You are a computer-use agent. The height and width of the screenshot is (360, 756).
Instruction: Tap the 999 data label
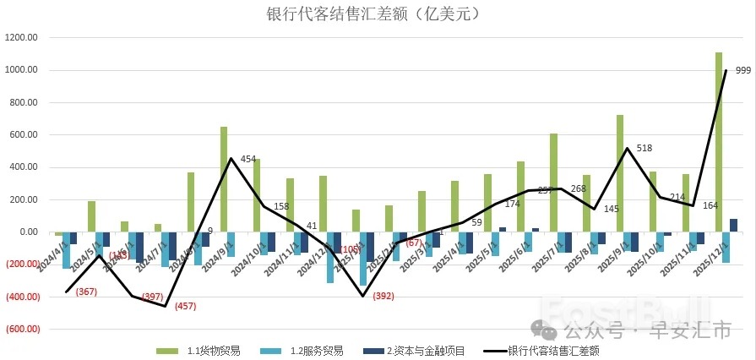point(743,70)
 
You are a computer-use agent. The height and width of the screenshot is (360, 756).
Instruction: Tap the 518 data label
point(645,147)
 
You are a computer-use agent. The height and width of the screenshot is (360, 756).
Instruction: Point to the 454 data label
point(248,159)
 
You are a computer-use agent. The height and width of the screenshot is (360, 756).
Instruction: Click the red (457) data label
point(185,306)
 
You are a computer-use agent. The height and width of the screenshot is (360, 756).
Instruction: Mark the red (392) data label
point(383,297)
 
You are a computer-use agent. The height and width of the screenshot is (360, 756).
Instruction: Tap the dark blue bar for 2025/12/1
point(733,225)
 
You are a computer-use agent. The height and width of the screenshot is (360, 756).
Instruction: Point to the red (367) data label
point(86,292)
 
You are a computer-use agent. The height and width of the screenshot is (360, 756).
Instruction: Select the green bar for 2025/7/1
point(553,183)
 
